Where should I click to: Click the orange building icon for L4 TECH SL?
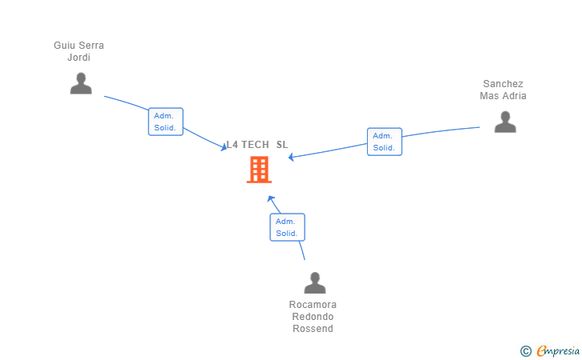[259, 170]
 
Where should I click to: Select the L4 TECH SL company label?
[257, 145]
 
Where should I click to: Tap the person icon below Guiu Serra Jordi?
[81, 83]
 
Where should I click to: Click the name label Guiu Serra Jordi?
[78, 51]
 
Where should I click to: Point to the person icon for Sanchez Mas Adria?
[505, 122]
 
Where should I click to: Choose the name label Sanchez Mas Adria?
[503, 90]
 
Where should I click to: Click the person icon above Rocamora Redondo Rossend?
[315, 282]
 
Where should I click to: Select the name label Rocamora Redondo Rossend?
[313, 317]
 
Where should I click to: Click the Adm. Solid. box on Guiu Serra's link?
[165, 122]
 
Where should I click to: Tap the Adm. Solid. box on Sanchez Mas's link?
[385, 142]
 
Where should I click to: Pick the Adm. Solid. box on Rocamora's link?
[287, 227]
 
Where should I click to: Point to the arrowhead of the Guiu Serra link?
[224, 148]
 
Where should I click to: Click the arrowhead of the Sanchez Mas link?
[291, 157]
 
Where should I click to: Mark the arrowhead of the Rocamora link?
[270, 198]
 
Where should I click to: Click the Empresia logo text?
[558, 350]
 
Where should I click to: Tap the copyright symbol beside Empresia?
[526, 351]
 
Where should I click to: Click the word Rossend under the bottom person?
[313, 329]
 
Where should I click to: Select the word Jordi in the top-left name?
[78, 58]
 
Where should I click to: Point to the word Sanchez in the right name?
[503, 84]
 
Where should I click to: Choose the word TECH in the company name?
[255, 145]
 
